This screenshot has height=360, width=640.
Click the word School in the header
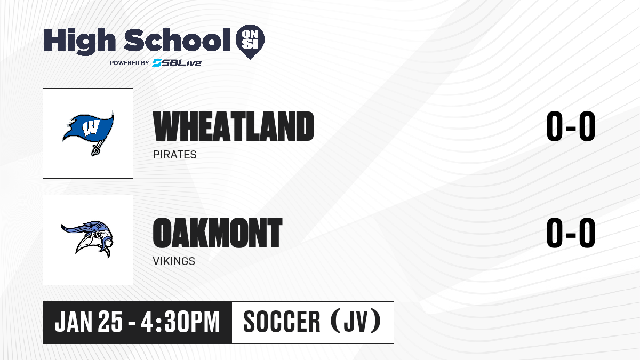(x=177, y=40)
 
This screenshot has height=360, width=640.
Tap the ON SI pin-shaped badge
(x=250, y=42)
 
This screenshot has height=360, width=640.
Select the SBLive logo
(x=177, y=62)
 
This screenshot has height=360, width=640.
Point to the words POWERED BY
(x=130, y=63)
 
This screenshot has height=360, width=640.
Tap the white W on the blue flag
(x=91, y=127)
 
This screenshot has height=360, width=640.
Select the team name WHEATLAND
(x=234, y=126)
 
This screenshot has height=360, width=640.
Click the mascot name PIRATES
(x=174, y=155)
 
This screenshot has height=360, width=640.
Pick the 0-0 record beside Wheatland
(x=571, y=126)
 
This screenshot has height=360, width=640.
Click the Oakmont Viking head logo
(x=87, y=238)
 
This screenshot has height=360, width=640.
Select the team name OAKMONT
(x=218, y=233)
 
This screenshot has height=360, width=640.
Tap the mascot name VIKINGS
(x=174, y=261)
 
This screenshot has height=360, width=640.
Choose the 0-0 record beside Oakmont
(x=571, y=233)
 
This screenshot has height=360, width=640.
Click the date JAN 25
(x=89, y=322)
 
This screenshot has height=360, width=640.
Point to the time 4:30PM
(x=180, y=322)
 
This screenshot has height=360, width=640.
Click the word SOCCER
(x=282, y=322)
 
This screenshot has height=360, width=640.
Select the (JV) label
(x=355, y=322)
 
